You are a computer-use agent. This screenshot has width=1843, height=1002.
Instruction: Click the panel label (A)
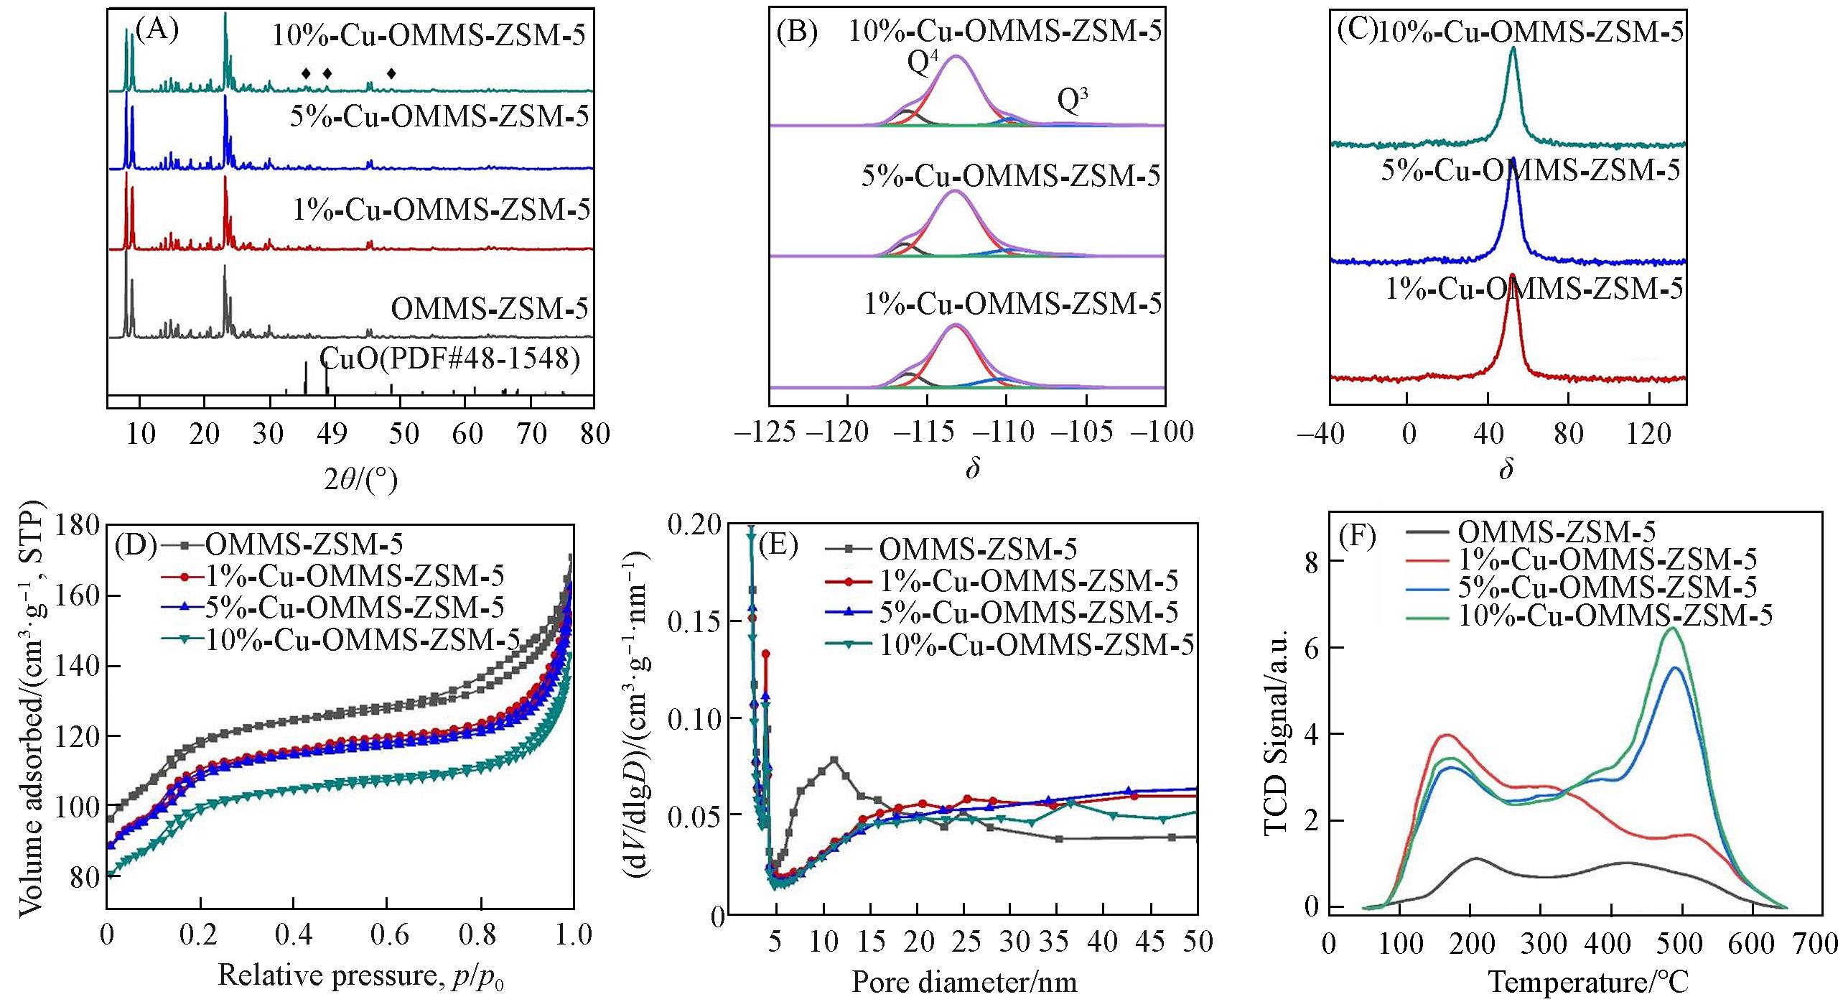[157, 31]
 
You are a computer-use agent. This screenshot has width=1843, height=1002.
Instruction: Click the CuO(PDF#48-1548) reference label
[449, 358]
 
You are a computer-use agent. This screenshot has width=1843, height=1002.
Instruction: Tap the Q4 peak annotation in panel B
[923, 63]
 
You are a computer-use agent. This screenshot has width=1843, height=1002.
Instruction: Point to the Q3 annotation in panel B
[1073, 101]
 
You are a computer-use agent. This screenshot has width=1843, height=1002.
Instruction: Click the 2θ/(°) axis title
[360, 479]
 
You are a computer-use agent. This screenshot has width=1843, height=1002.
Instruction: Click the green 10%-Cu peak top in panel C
[1513, 49]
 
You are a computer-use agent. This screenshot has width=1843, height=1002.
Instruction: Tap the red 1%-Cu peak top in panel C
[1513, 274]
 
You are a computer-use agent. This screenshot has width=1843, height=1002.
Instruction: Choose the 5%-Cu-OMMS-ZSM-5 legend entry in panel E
[1028, 613]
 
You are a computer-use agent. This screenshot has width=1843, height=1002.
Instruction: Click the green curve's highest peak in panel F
[1673, 628]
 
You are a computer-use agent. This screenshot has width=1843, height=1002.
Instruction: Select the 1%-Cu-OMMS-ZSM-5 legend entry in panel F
[1607, 559]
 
